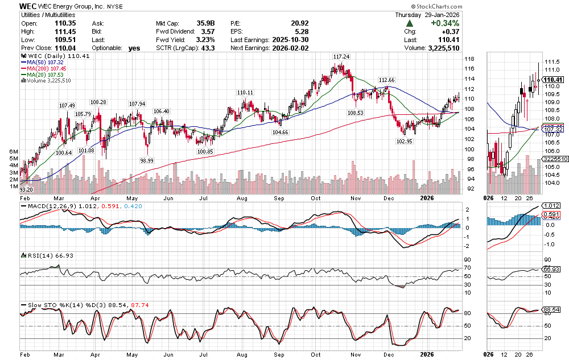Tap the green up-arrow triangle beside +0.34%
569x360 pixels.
point(409,24)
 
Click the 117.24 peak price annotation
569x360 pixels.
point(341,57)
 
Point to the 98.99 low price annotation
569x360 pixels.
point(146,161)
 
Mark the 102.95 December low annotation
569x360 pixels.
point(403,140)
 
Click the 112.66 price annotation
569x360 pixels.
point(386,80)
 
